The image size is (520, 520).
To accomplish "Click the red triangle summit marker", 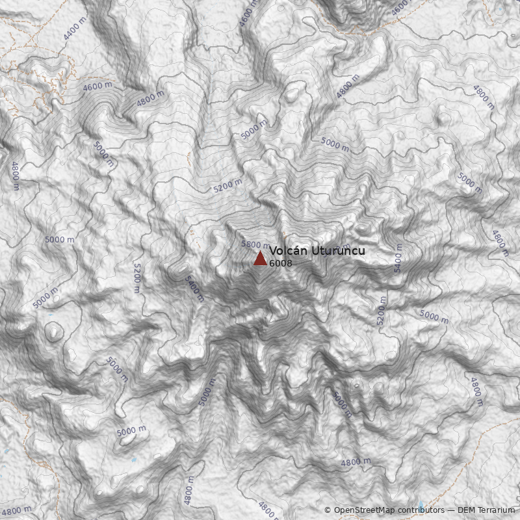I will (260, 259).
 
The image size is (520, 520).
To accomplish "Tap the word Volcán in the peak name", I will (284, 251).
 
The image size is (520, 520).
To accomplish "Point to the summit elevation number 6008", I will (280, 263).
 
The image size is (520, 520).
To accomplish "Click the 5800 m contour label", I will (253, 244).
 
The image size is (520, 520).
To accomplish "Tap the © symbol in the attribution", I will (328, 510).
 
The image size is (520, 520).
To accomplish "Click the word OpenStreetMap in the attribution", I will (365, 510).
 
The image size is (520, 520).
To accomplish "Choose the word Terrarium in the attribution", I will (497, 510).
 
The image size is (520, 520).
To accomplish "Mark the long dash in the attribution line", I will (450, 510).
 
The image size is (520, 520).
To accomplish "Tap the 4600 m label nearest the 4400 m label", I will (97, 86).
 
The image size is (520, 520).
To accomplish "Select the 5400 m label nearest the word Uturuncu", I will (398, 258).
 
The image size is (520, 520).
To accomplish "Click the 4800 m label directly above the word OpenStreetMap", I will (355, 462).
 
